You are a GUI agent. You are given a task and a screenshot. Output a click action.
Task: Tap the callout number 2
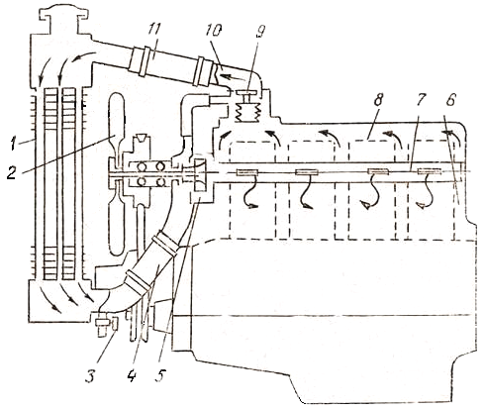[x=12, y=172]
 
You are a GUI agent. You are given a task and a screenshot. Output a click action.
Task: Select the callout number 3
[x=90, y=375]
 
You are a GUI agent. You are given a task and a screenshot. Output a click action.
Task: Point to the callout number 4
[x=132, y=375]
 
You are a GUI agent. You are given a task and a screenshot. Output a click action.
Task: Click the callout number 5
[x=160, y=375]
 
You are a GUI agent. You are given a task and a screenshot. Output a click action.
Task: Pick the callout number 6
[x=451, y=99]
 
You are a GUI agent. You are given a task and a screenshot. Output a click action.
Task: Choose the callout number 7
[x=421, y=99]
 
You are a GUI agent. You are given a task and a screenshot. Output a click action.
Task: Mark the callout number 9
[x=260, y=31]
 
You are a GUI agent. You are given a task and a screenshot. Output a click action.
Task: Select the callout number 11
[x=153, y=31]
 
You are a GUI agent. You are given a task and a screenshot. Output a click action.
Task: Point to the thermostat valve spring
[x=248, y=112]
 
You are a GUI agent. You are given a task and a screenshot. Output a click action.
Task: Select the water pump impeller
[x=200, y=175]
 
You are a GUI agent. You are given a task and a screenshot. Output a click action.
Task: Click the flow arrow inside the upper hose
[x=233, y=79]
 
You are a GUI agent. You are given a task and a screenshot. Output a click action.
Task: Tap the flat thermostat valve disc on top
[x=246, y=92]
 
